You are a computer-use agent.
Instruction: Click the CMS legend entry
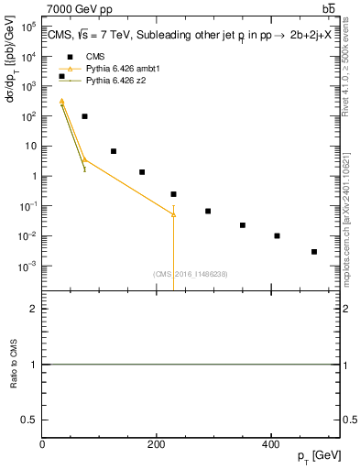click(x=95, y=56)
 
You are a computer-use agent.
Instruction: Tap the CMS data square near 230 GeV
click(x=173, y=194)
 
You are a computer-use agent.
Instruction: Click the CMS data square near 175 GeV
click(x=142, y=172)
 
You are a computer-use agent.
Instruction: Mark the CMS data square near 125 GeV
click(x=114, y=151)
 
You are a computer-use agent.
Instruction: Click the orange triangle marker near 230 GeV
click(x=173, y=213)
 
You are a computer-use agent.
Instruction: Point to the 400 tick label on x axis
click(x=270, y=444)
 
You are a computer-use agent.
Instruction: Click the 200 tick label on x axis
click(x=157, y=444)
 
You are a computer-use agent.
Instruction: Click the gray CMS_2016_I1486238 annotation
click(x=190, y=274)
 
